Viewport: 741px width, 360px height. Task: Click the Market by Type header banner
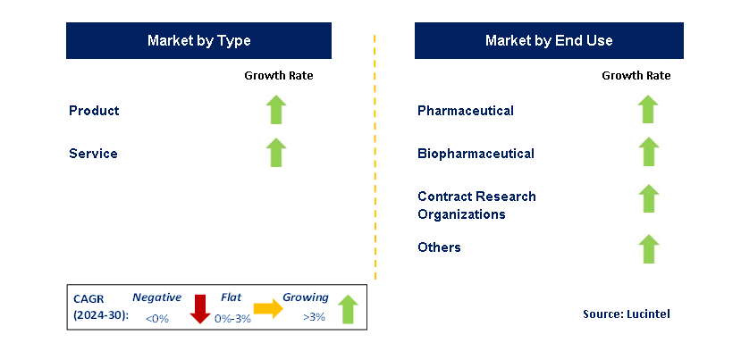click(198, 41)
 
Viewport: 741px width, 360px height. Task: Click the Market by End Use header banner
click(549, 41)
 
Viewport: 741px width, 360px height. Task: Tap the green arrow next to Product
click(276, 110)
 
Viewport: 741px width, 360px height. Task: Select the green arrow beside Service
click(276, 153)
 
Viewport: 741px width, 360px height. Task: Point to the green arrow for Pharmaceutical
click(648, 110)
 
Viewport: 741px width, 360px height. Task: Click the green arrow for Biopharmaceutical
click(648, 153)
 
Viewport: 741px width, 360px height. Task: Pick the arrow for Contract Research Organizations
click(648, 199)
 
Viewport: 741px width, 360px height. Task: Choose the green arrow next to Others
click(648, 248)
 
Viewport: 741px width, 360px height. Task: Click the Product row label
click(94, 111)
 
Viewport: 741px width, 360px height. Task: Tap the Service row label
click(93, 154)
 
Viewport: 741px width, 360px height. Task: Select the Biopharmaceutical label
click(476, 154)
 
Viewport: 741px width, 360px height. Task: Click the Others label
click(439, 247)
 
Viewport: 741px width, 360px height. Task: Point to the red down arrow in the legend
click(200, 309)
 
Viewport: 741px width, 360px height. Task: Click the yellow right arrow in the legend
click(268, 309)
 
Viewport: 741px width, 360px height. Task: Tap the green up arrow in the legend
click(348, 309)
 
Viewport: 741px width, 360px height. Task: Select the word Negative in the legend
click(156, 297)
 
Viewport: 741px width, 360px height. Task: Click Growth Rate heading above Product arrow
click(279, 76)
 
